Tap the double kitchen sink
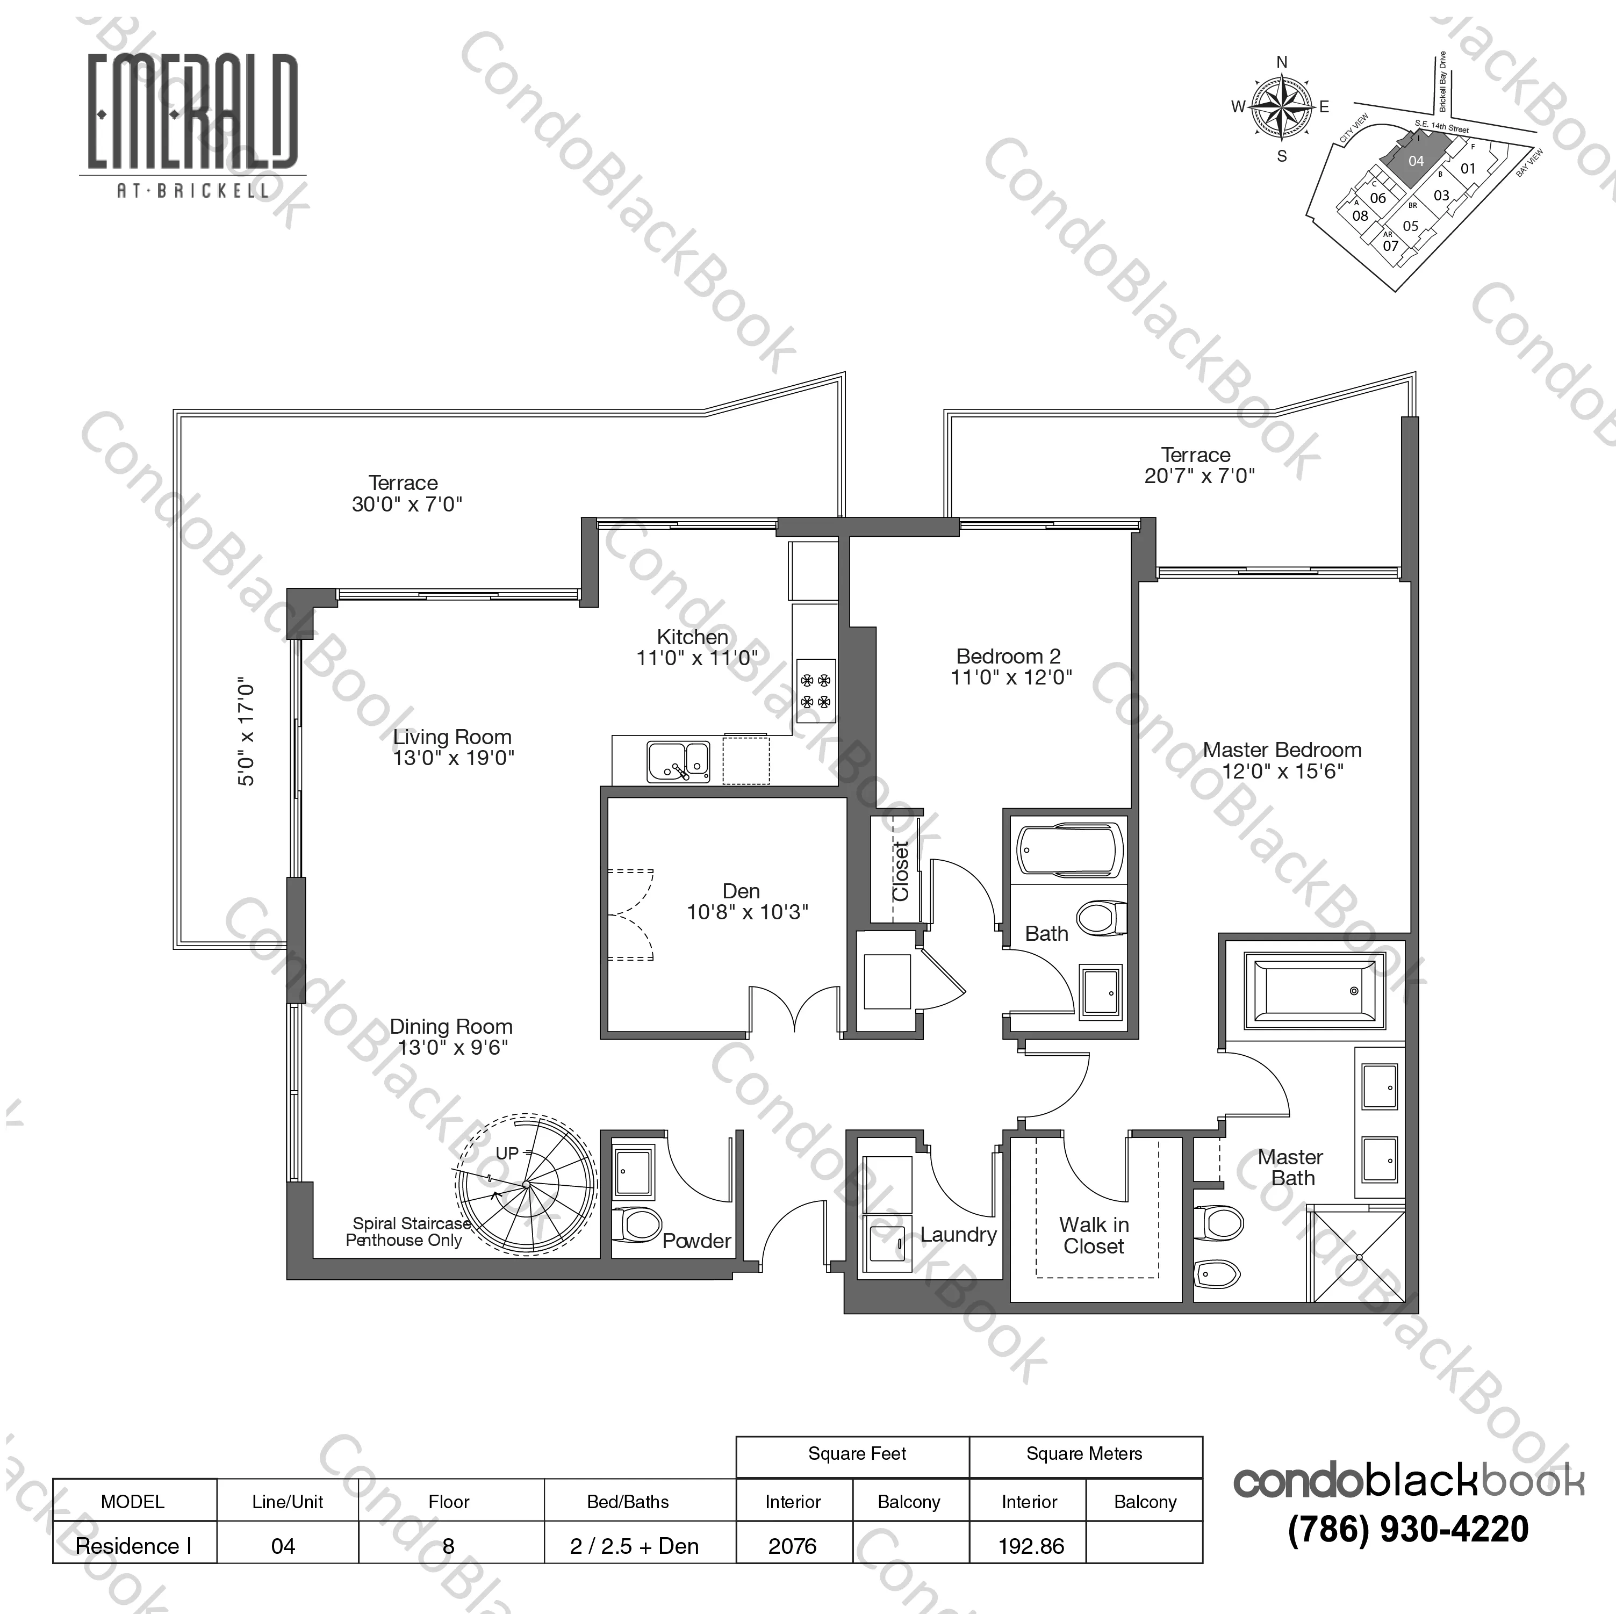[678, 762]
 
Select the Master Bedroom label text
[1282, 750]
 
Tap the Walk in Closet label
[1094, 1235]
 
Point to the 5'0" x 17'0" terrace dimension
[246, 731]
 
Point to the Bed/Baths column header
[628, 1502]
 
